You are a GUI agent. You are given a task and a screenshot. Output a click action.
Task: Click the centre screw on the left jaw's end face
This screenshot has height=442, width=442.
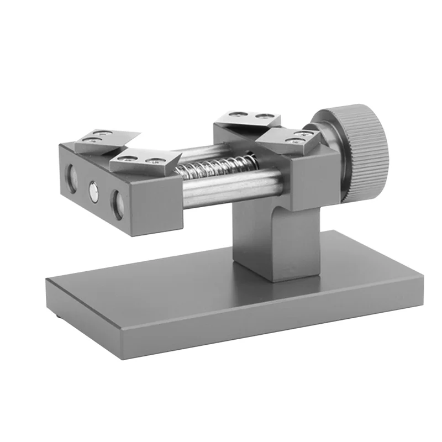pyautogui.click(x=94, y=191)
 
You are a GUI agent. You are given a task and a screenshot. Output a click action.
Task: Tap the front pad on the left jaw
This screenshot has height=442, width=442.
pyautogui.click(x=145, y=160)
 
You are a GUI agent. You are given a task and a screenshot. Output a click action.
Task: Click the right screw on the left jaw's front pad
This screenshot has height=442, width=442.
pyautogui.click(x=156, y=161)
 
